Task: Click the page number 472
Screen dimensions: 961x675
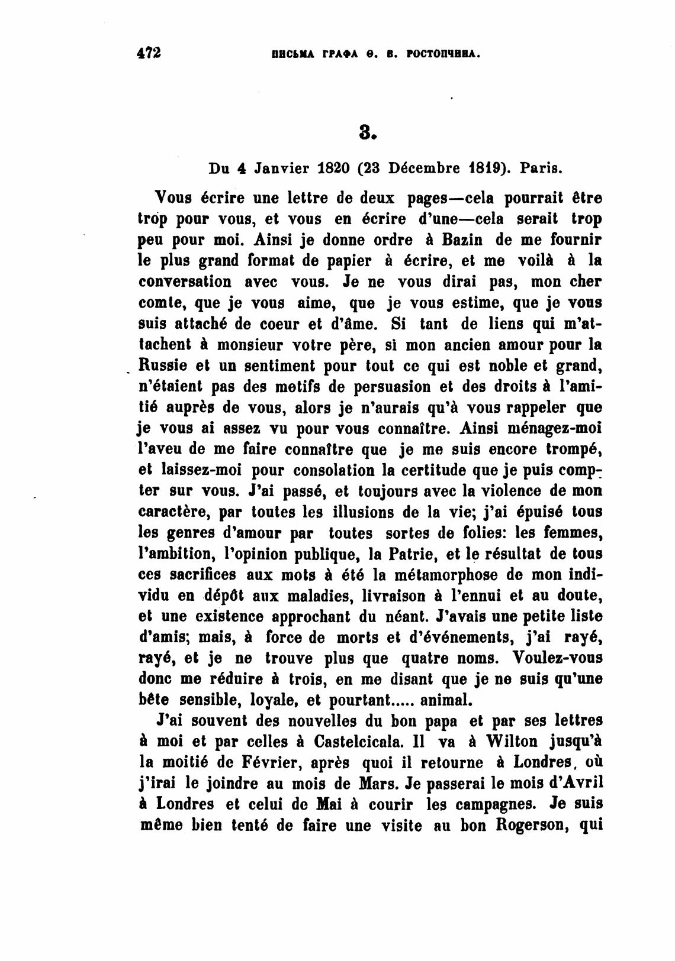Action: click(x=149, y=53)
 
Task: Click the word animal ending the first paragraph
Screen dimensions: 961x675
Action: click(x=446, y=700)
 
